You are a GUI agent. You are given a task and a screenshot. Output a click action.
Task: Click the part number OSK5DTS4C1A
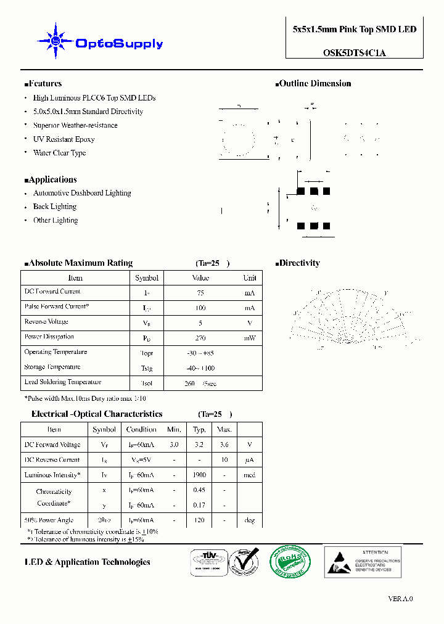pyautogui.click(x=355, y=53)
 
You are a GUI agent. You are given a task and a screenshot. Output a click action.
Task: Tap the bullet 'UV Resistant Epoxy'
pyautogui.click(x=64, y=139)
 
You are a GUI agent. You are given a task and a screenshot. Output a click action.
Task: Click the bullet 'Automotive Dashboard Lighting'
pyautogui.click(x=82, y=193)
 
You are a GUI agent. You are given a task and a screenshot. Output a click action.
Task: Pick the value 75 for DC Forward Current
pyautogui.click(x=200, y=293)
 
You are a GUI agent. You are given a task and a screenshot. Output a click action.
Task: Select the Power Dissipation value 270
pyautogui.click(x=200, y=338)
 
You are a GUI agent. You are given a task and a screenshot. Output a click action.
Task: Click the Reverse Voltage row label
pyautogui.click(x=46, y=322)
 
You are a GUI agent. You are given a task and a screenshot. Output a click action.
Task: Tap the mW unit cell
pyautogui.click(x=249, y=338)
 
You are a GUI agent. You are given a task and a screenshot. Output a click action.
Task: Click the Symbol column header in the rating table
pyautogui.click(x=147, y=278)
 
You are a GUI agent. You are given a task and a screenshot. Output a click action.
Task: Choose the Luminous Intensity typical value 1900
pyautogui.click(x=199, y=475)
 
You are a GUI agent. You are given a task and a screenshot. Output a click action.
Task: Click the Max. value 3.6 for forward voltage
pyautogui.click(x=224, y=445)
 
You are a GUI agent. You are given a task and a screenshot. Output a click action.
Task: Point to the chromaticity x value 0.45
pyautogui.click(x=199, y=490)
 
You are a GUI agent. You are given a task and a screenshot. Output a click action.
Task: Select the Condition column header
pyautogui.click(x=141, y=430)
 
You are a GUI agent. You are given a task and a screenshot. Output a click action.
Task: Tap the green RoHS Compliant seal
pyautogui.click(x=290, y=561)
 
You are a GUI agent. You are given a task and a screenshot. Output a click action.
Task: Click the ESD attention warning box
pyautogui.click(x=363, y=561)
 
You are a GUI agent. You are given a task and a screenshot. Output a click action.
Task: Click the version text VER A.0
pyautogui.click(x=401, y=599)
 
